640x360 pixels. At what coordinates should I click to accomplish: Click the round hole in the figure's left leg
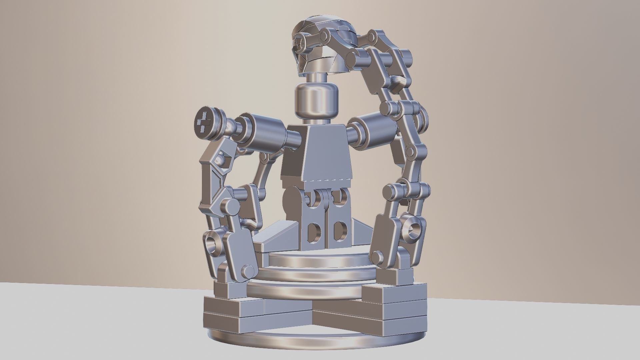point(340,230)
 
